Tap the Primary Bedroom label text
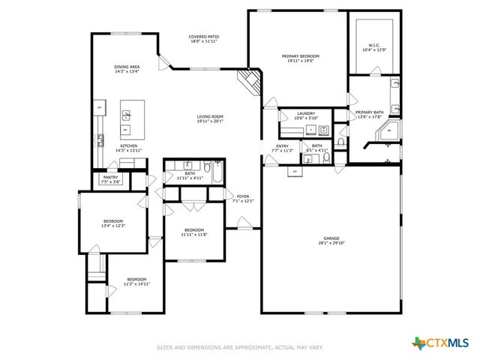coord(300,56)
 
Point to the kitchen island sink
coord(127,115)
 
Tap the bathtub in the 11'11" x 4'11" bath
coord(215,175)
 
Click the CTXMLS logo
coord(443,343)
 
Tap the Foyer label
coord(245,196)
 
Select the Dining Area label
coord(127,67)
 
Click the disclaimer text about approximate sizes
coord(239,347)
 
